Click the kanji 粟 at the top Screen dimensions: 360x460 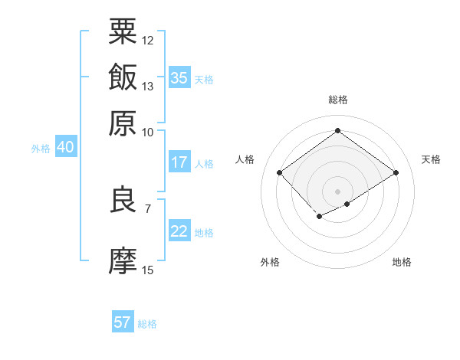(123, 32)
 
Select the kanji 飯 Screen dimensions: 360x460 (123, 77)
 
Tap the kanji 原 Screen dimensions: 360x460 (123, 123)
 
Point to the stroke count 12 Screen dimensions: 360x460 (148, 40)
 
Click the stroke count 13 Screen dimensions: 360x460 (148, 86)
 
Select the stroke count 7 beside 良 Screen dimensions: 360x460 (147, 208)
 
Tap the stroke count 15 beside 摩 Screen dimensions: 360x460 (148, 270)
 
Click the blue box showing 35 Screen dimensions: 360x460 (179, 78)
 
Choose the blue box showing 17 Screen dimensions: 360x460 (179, 162)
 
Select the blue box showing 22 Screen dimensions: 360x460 (179, 231)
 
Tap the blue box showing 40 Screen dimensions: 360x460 (65, 147)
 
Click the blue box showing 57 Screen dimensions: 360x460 (123, 322)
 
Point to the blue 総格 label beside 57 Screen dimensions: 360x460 (147, 324)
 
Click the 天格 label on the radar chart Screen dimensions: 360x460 (431, 159)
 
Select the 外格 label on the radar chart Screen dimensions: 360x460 (270, 262)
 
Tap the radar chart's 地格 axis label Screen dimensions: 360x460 (402, 262)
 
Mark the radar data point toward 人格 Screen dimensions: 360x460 (280, 173)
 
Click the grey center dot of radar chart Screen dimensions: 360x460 (337, 191)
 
